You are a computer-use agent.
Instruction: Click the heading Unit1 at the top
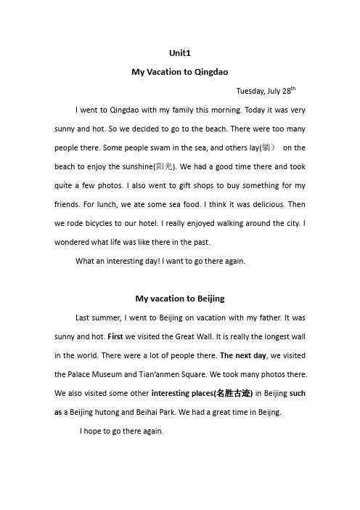(x=180, y=53)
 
